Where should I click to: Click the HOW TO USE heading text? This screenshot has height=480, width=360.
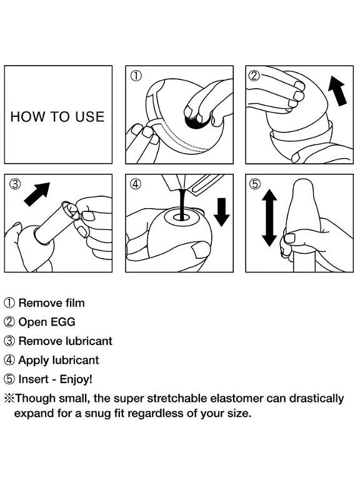point(57,117)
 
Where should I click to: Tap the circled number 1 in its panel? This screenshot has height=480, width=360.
point(136,76)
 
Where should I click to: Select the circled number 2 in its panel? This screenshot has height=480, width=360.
point(255,75)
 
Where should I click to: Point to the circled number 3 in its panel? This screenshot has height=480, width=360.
point(15,184)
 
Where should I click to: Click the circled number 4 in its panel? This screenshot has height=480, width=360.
point(136,184)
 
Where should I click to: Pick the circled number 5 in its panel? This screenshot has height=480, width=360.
point(255,184)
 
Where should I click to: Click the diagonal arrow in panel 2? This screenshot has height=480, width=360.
point(337,91)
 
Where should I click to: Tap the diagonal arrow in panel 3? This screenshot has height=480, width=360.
point(37,194)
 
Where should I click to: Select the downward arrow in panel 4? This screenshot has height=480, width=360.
point(221,212)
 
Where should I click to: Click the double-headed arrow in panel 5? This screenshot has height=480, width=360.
point(269,217)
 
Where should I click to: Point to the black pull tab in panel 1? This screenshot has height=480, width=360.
point(197,120)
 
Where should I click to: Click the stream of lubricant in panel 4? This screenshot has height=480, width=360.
point(182,204)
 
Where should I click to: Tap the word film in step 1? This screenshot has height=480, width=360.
point(75,303)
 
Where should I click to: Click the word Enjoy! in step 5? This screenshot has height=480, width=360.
point(76,379)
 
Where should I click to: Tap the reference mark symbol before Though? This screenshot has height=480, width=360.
point(9,399)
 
